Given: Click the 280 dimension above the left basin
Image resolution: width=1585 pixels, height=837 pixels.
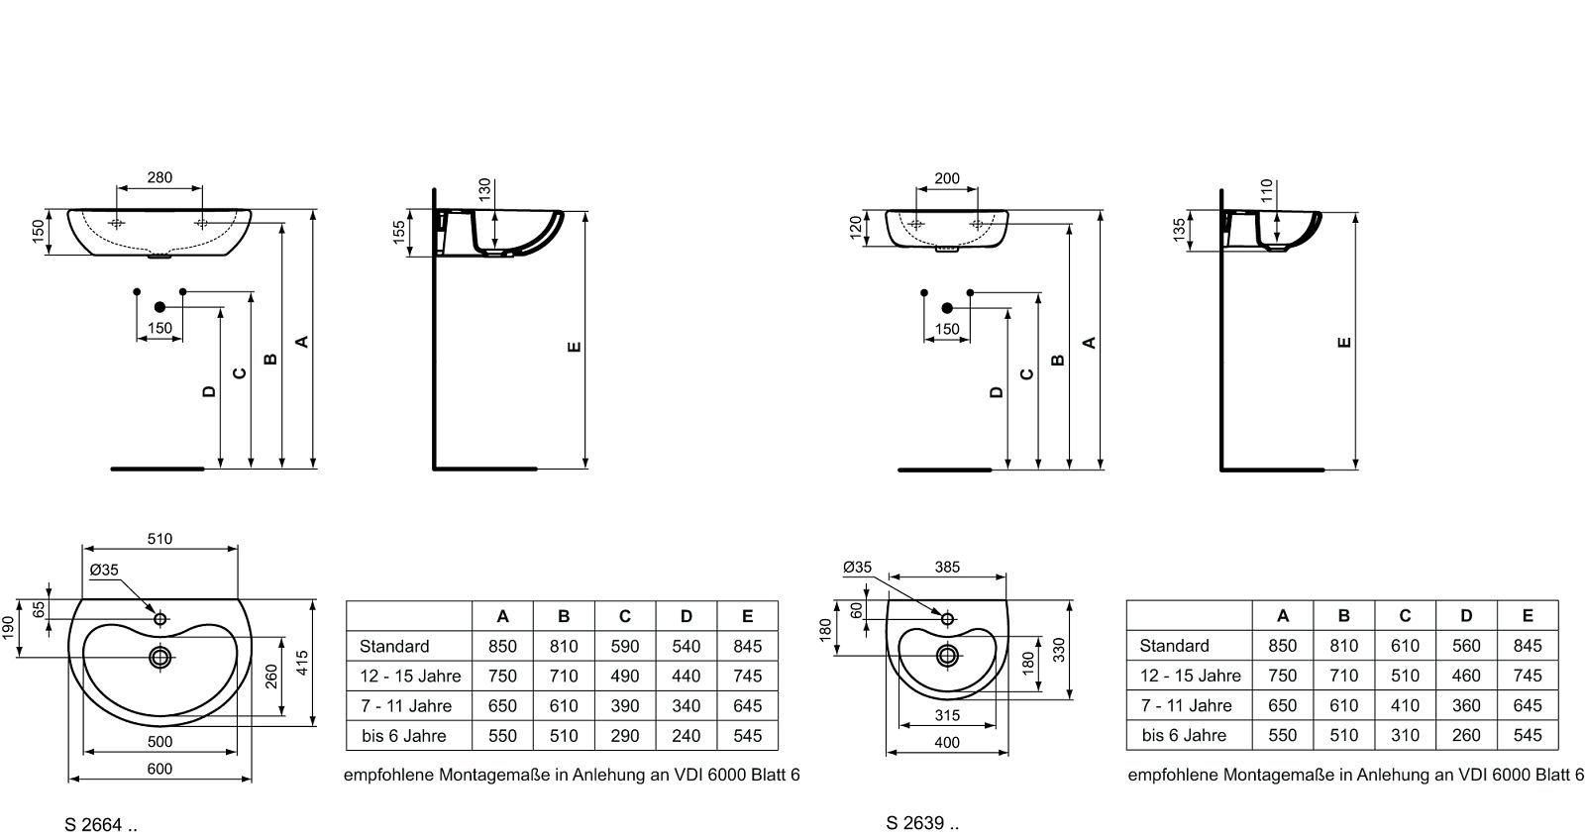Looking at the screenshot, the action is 159,177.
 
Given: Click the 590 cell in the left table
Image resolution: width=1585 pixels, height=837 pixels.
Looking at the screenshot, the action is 625,646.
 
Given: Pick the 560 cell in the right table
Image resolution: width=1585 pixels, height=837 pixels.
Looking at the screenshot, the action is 1466,645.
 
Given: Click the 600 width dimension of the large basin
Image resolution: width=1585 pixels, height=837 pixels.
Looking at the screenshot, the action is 159,769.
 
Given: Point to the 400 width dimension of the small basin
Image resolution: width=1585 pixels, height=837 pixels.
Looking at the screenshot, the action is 947,742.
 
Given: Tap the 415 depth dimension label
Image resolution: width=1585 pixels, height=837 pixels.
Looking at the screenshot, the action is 303,663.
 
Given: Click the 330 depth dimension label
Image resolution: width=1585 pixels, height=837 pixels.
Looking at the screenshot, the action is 1059,649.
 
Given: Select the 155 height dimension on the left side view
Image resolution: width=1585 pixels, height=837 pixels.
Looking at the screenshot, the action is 399,232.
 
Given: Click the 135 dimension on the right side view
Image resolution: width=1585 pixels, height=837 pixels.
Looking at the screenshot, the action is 1178,230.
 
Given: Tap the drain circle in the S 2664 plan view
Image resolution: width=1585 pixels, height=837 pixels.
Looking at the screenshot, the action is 160,657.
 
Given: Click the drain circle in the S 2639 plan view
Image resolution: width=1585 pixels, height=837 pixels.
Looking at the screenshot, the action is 947,655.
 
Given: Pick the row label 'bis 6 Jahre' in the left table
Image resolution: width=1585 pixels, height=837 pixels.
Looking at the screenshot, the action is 404,736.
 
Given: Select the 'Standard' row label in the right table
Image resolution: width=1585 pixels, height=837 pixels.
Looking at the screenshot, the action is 1174,645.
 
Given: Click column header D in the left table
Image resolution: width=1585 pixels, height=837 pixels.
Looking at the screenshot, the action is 687,616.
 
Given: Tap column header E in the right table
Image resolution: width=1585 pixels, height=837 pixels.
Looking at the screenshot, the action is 1528,615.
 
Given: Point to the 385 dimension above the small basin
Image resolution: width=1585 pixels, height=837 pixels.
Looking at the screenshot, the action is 947,567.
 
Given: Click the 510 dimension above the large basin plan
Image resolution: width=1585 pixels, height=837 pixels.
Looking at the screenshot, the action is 159,539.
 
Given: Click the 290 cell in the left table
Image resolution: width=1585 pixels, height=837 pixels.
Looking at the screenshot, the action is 625,736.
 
